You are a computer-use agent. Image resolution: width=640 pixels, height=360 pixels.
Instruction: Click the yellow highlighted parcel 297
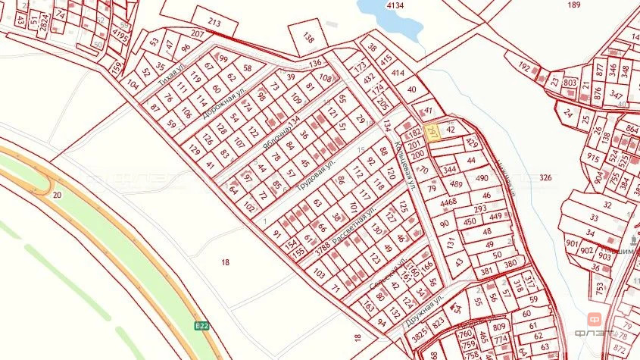[432, 132]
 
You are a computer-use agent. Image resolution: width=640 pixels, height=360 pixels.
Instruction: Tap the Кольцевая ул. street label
[404, 163]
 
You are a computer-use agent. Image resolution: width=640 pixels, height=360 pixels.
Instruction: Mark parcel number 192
[523, 67]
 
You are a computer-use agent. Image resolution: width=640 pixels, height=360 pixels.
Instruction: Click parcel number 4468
[448, 202]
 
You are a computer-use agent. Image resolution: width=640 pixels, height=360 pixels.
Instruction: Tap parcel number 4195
[120, 35]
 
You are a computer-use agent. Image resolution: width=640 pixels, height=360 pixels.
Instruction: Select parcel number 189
[573, 5]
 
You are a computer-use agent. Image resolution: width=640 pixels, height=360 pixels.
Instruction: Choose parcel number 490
[482, 177]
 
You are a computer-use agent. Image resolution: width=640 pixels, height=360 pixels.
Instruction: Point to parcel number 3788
[323, 244]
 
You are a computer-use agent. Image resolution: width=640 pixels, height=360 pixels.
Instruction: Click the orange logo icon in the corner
[595, 320]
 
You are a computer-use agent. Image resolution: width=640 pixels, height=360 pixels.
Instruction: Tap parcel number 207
[198, 34]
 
